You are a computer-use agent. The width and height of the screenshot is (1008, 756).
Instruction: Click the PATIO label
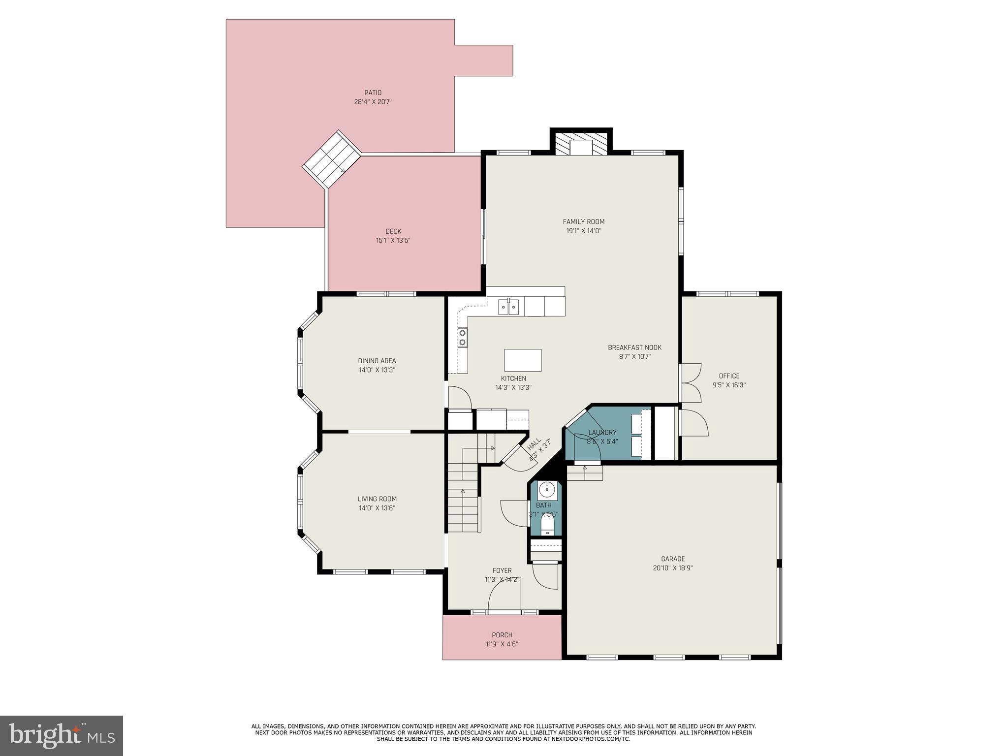(x=373, y=93)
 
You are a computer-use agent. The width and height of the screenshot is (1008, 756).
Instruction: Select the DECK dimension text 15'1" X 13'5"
(x=393, y=241)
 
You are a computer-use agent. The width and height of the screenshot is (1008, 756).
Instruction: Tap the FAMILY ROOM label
(x=583, y=221)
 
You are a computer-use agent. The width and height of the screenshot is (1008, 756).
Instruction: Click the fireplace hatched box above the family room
(x=581, y=144)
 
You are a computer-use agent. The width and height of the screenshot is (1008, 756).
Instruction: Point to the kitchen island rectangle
(x=523, y=360)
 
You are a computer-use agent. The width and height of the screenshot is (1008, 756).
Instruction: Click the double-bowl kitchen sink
(x=508, y=308)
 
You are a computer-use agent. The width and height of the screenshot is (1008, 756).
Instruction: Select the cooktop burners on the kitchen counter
(x=462, y=338)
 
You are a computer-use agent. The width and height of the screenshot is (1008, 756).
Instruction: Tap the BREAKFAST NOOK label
(x=634, y=347)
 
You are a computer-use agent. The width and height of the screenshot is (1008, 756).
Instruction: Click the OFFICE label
(x=728, y=376)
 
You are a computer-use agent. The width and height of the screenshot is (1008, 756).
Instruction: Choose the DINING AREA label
(x=377, y=361)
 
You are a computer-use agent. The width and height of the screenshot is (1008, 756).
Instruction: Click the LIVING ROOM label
(x=377, y=499)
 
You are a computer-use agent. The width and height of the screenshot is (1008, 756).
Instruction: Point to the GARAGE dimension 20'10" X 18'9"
(x=672, y=568)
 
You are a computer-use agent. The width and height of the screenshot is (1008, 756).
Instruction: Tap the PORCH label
(x=502, y=635)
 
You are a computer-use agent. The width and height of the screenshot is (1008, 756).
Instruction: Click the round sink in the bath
(x=547, y=490)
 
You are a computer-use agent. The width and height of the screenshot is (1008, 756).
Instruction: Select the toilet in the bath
(x=547, y=524)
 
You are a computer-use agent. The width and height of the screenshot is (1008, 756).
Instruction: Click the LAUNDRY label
(x=602, y=433)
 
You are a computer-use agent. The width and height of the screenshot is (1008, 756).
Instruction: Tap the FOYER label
(x=502, y=570)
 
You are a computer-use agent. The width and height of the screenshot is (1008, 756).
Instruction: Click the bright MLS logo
(x=61, y=735)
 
